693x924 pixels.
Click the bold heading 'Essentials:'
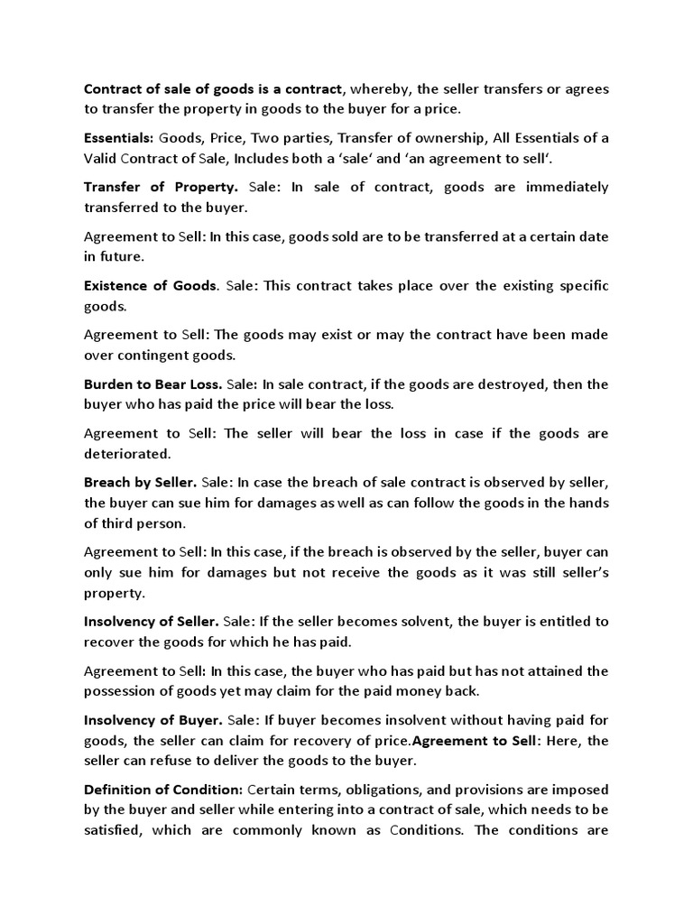click(119, 138)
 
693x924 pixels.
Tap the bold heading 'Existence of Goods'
click(151, 286)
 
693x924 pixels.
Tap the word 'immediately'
click(562, 187)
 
